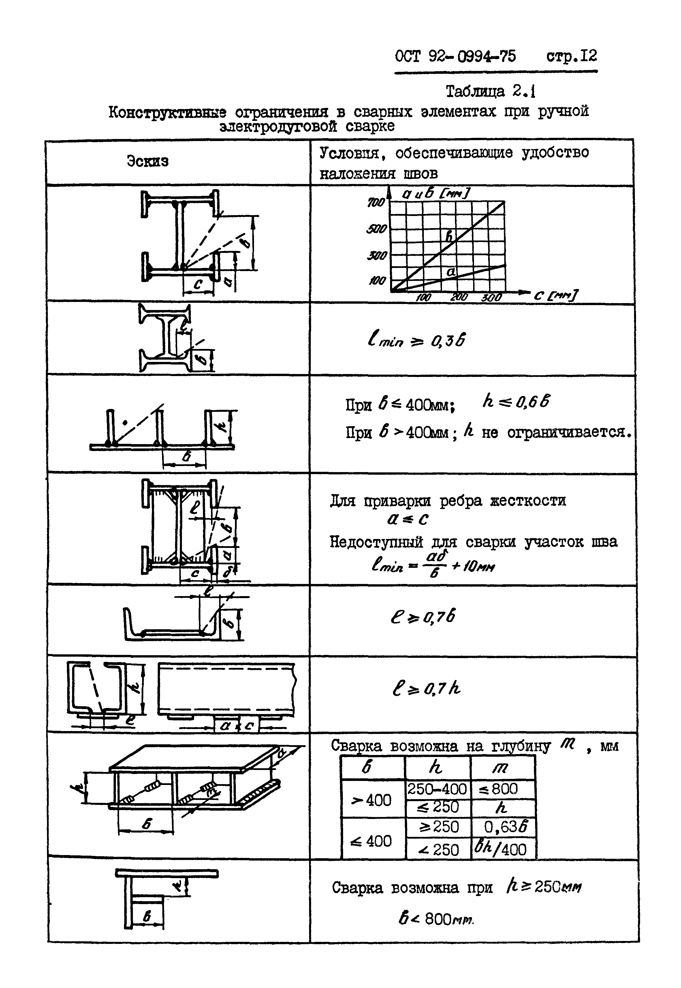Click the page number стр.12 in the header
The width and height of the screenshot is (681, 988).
pos(571,56)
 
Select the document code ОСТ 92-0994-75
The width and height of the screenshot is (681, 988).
pos(455,56)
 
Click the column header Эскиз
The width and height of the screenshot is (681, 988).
pos(148,161)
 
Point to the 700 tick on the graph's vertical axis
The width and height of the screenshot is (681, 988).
pos(376,203)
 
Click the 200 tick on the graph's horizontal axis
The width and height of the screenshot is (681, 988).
pos(459,297)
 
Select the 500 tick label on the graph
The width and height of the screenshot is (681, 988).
pos(376,229)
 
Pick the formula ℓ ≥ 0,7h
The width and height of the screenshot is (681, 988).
pos(426,688)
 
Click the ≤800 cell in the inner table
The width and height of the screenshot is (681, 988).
pos(503,789)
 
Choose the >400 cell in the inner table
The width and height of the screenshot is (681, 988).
pos(371,800)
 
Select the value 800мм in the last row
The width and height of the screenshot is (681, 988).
pos(448,919)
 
